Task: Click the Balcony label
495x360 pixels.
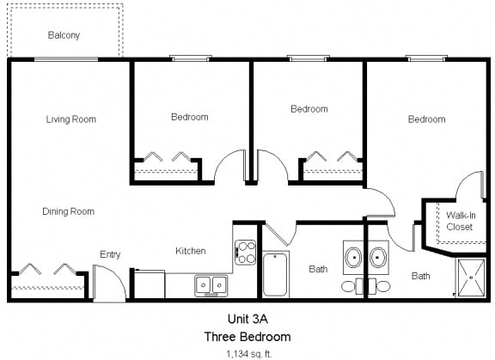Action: click(64, 35)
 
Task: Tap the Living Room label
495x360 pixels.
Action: click(70, 119)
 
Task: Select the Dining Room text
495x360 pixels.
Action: click(68, 211)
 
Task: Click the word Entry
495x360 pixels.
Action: click(110, 254)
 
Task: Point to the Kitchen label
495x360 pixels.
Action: click(191, 251)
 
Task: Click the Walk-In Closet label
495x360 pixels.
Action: click(459, 221)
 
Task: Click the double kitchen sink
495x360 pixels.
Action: click(211, 284)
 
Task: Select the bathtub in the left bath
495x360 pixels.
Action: click(275, 274)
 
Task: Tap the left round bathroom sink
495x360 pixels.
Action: click(353, 257)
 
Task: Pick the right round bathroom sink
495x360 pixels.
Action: click(379, 257)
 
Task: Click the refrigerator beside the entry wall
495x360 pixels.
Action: click(151, 283)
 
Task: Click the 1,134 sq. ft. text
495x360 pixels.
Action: click(247, 352)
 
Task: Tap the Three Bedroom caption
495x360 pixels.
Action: click(247, 336)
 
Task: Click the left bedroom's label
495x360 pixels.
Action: click(190, 117)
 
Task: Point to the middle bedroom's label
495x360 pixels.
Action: click(309, 109)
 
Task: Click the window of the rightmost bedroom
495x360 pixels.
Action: click(427, 58)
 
